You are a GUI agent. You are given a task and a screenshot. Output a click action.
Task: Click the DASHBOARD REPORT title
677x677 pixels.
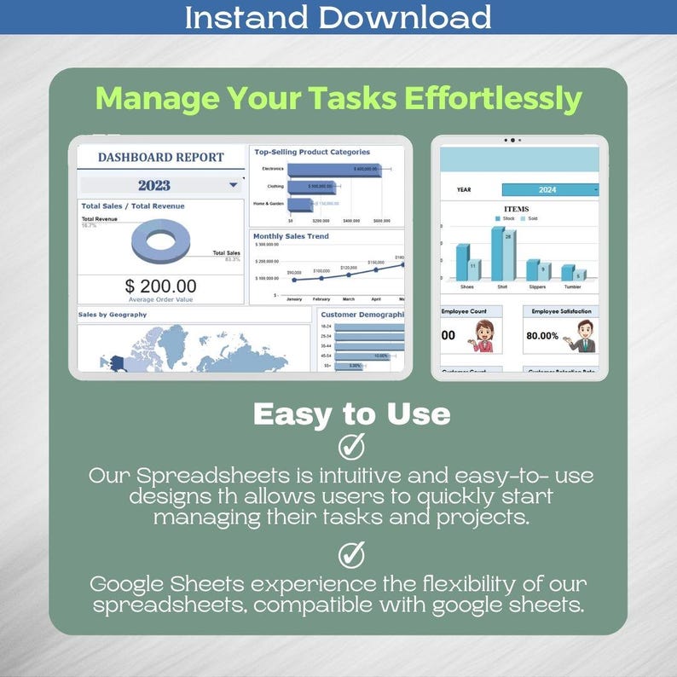click(160, 157)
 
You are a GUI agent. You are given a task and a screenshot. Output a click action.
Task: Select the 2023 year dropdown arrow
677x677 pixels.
click(233, 184)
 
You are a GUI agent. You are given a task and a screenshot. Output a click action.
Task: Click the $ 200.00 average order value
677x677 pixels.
click(160, 286)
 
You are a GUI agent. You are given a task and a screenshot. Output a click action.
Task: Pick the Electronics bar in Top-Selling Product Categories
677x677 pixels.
click(323, 170)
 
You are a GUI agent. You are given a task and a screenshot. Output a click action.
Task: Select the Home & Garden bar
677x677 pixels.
click(300, 205)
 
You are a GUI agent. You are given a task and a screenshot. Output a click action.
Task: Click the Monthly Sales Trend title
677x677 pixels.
click(291, 236)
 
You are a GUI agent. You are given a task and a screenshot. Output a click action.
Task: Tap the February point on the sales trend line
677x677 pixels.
click(321, 276)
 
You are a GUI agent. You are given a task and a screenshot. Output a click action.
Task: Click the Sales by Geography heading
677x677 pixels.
click(113, 315)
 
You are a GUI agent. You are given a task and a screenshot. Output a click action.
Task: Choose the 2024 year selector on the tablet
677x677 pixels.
click(547, 190)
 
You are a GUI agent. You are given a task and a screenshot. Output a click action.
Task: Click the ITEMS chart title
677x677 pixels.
click(517, 209)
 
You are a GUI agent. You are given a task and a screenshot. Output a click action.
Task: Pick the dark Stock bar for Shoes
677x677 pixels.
click(462, 262)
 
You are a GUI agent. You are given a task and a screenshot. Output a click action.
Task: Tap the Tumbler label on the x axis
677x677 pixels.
click(574, 286)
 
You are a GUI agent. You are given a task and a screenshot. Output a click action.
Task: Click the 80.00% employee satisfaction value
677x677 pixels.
click(543, 336)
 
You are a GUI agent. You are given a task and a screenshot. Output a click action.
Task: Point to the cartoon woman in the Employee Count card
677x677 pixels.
click(483, 337)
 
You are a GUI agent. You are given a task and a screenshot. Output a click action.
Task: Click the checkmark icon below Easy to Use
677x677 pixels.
click(351, 446)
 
